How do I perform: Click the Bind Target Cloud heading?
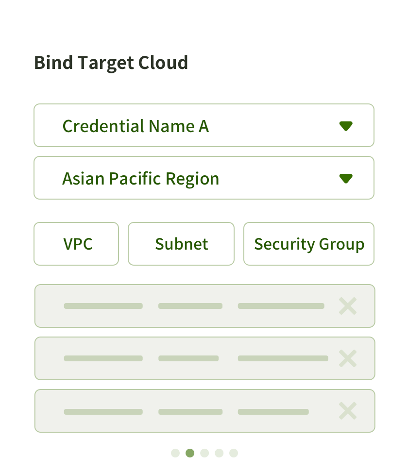pyautogui.click(x=111, y=63)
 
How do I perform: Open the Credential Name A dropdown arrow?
pyautogui.click(x=346, y=126)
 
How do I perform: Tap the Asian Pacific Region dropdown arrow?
pyautogui.click(x=346, y=179)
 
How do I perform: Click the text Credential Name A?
pyautogui.click(x=136, y=126)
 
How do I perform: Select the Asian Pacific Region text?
pyautogui.click(x=141, y=179)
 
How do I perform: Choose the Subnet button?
pyautogui.click(x=181, y=244)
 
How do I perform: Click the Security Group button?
pyautogui.click(x=309, y=244)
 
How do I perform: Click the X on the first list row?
pyautogui.click(x=348, y=306)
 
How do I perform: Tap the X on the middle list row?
pyautogui.click(x=348, y=358)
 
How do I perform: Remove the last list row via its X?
pyautogui.click(x=348, y=411)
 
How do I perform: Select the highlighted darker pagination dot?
pyautogui.click(x=190, y=453)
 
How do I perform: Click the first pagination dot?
pyautogui.click(x=175, y=453)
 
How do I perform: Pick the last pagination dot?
pyautogui.click(x=234, y=453)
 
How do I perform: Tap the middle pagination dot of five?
pyautogui.click(x=204, y=453)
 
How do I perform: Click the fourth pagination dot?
pyautogui.click(x=219, y=453)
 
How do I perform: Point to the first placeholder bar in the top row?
pyautogui.click(x=103, y=306)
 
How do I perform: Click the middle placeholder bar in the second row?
pyautogui.click(x=188, y=358)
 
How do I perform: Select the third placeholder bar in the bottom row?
pyautogui.click(x=273, y=412)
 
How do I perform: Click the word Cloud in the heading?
pyautogui.click(x=163, y=63)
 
